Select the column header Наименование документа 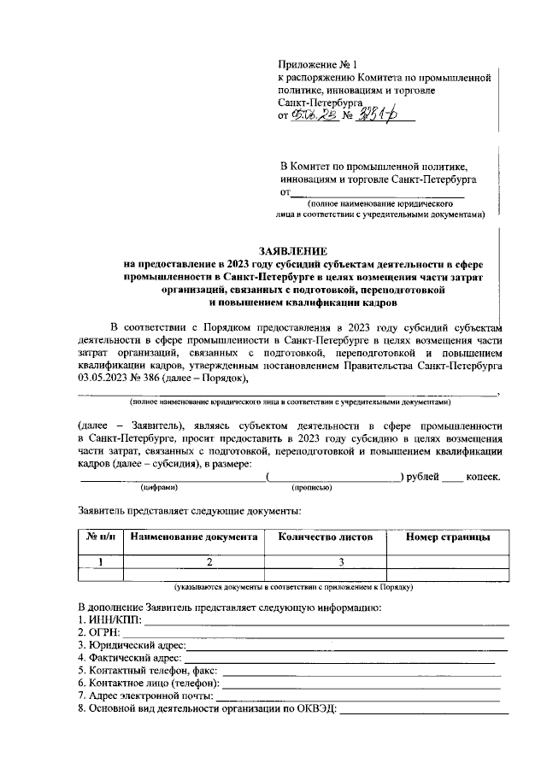[193, 537]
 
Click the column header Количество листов [320, 537]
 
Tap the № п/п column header [101, 537]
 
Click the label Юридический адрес [136, 645]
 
